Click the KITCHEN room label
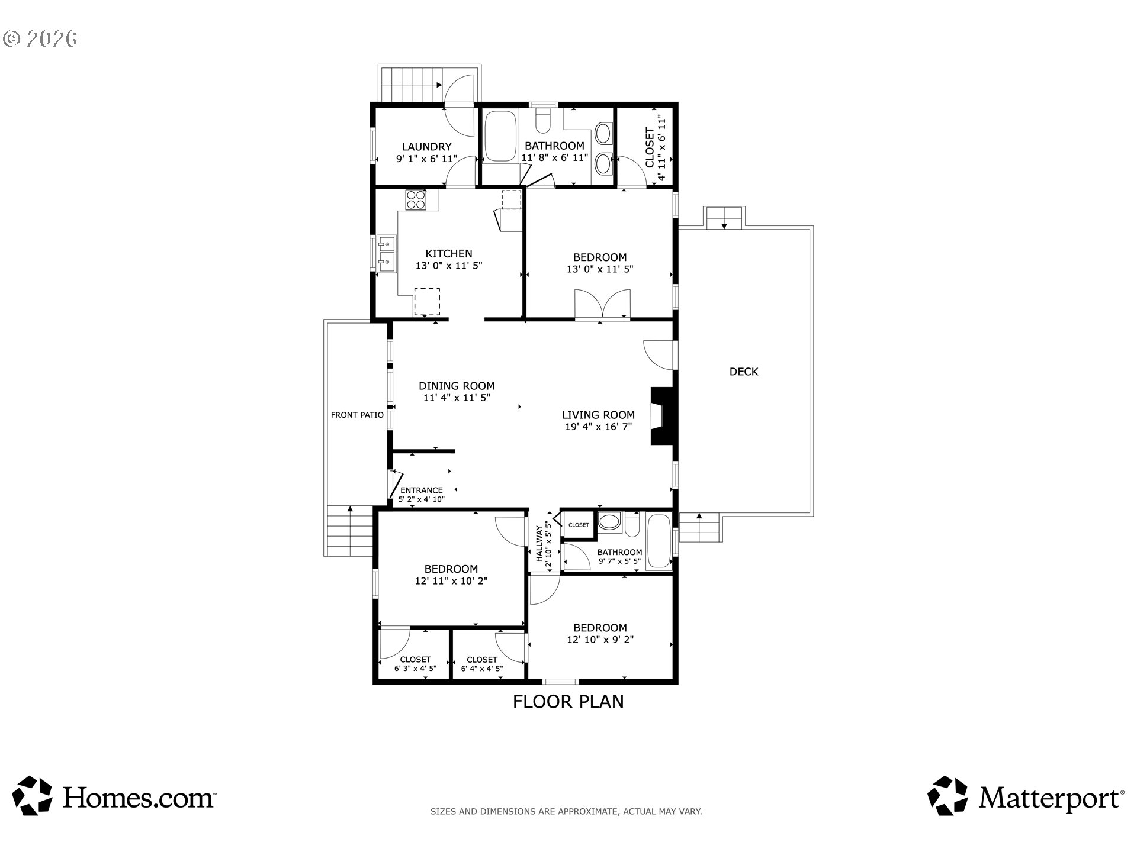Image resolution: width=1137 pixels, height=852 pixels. click(x=448, y=254)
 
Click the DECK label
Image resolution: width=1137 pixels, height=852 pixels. click(x=744, y=372)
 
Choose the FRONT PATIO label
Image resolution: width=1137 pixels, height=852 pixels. click(x=357, y=415)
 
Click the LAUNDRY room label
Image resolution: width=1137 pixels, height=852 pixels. click(x=426, y=147)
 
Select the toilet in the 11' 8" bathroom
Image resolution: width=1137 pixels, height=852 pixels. click(x=543, y=121)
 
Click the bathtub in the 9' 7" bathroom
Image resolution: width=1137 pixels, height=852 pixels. click(x=658, y=542)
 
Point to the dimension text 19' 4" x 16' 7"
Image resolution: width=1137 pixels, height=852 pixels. click(x=598, y=427)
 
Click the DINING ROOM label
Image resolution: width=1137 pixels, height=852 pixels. click(x=457, y=386)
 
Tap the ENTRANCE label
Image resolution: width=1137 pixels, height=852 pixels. click(x=422, y=490)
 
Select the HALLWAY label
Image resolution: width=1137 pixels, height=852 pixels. click(x=539, y=544)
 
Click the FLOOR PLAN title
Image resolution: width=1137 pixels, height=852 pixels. click(x=568, y=702)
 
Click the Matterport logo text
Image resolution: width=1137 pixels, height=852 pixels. click(x=1051, y=798)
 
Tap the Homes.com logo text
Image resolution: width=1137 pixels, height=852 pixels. click(x=139, y=798)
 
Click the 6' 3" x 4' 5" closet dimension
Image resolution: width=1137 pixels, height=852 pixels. click(x=415, y=669)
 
